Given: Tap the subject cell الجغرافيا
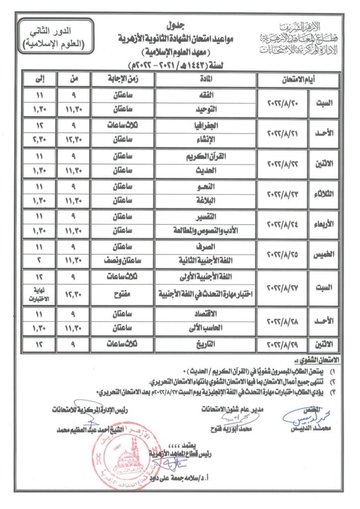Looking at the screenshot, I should click(206, 126).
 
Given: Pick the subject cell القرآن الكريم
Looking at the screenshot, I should click(206, 156).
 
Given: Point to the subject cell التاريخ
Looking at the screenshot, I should click(206, 343).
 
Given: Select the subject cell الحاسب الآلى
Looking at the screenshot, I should click(206, 328).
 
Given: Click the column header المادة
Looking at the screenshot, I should click(206, 79).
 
